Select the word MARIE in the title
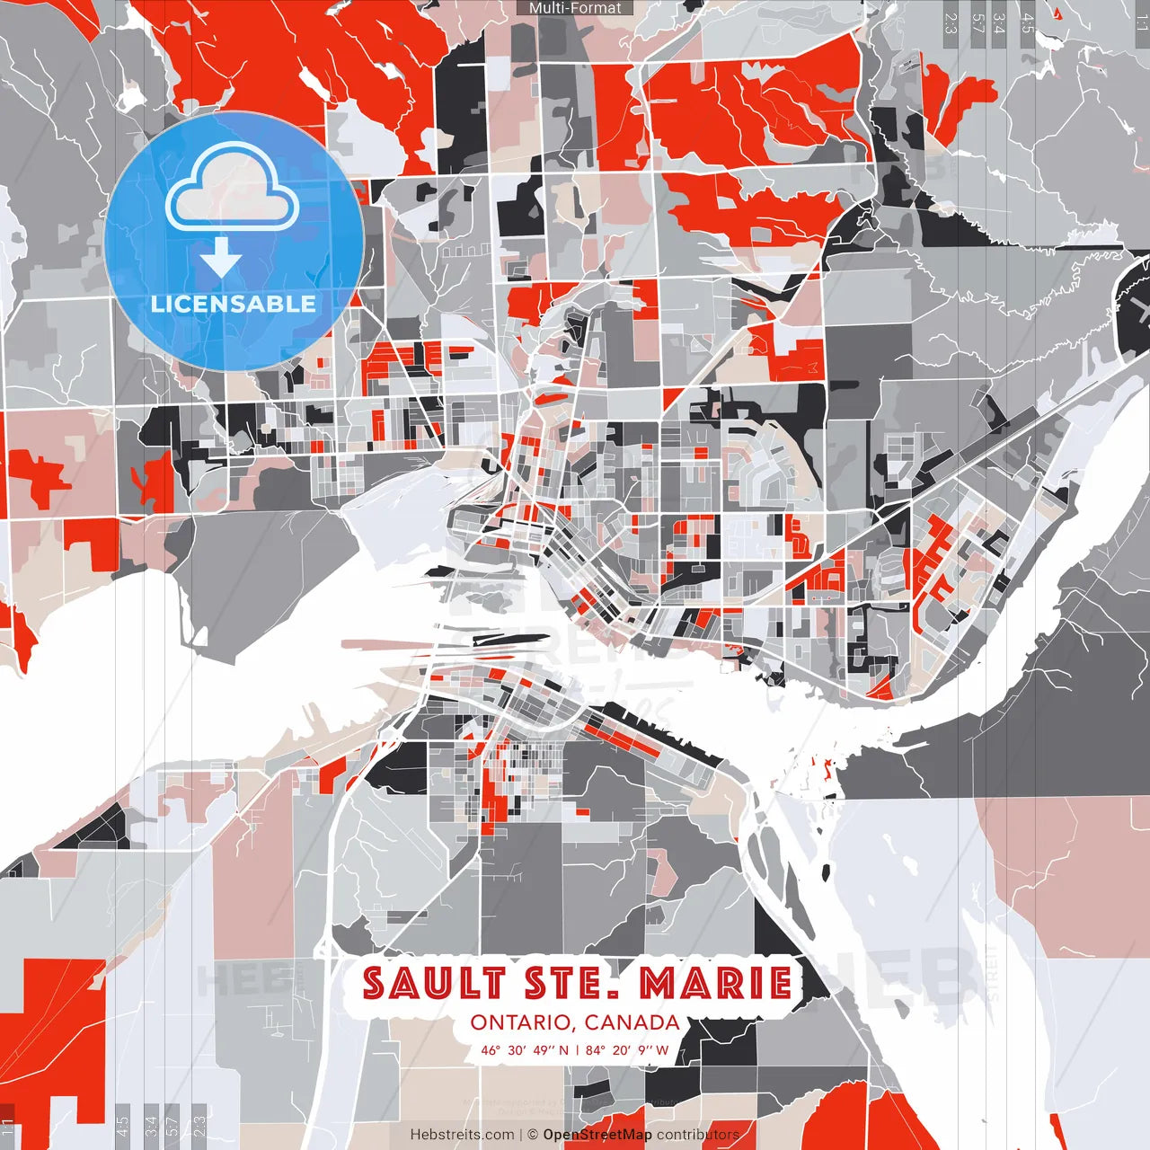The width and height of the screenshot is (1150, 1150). coord(716,983)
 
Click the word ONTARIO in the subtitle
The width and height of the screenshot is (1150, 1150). coord(522,1022)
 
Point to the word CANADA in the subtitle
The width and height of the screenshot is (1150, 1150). coord(632,1022)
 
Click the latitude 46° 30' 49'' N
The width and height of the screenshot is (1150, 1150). coord(525,1049)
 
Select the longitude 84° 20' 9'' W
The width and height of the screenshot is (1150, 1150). coord(627,1049)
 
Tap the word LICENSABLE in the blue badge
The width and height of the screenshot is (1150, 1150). coord(234,304)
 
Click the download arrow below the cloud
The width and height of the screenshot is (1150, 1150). coord(221,259)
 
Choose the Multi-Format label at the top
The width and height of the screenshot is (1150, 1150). coord(575,8)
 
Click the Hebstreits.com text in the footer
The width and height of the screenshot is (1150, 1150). coord(462,1135)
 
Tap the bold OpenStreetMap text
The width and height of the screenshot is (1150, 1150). coord(597,1135)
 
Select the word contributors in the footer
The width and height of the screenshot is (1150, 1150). coord(697,1135)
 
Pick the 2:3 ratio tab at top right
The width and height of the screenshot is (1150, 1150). coord(951,23)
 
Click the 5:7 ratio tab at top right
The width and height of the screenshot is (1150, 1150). coord(977,23)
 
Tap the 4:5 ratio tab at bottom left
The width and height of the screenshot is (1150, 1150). coord(123,1124)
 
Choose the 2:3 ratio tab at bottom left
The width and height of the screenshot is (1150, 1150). coord(199,1124)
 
